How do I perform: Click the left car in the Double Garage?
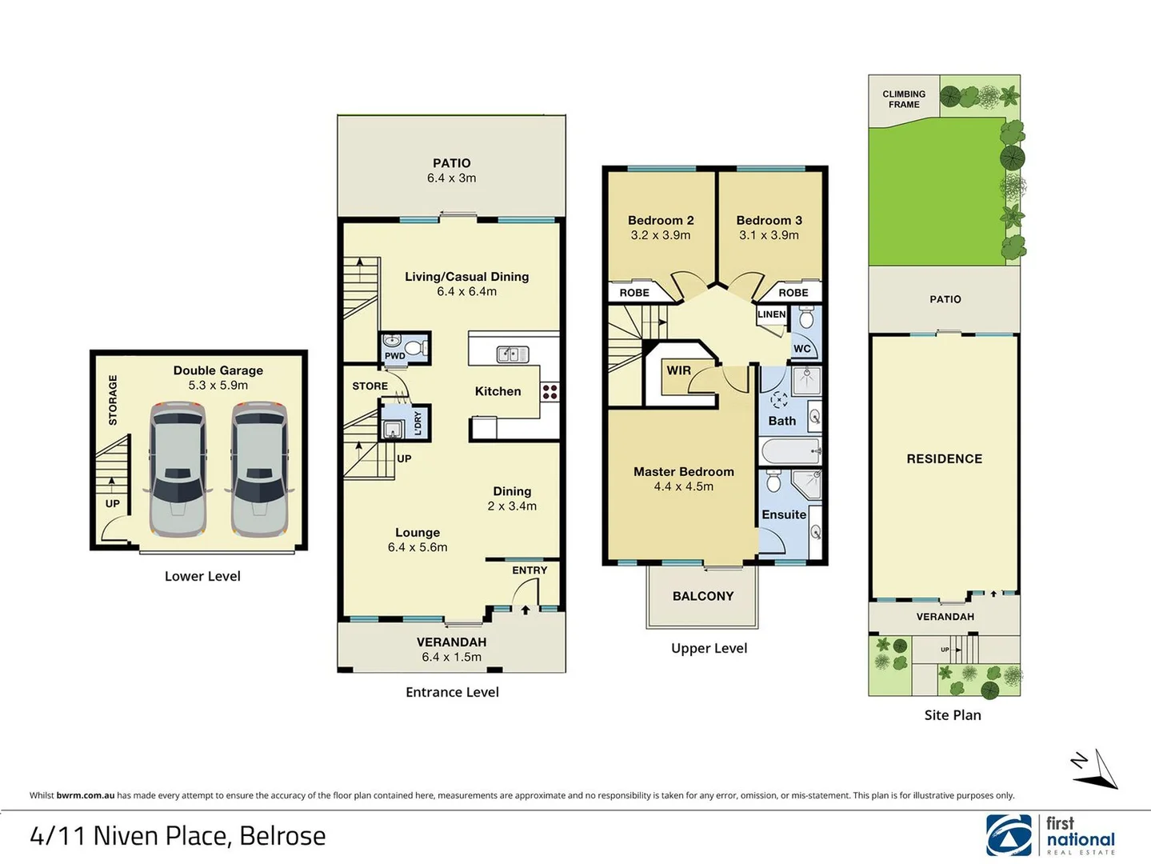click(x=178, y=470)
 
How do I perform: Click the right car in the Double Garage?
click(x=259, y=470)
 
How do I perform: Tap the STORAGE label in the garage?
click(x=113, y=400)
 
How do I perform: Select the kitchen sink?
click(x=512, y=354)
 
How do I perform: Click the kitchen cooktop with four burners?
click(x=550, y=392)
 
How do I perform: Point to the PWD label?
click(x=394, y=356)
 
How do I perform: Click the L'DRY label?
click(x=418, y=422)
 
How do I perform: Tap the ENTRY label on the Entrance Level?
click(x=530, y=570)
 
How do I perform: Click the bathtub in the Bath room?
click(x=790, y=452)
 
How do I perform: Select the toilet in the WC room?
click(x=805, y=318)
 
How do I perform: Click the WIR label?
click(x=678, y=370)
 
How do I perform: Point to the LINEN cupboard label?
click(x=771, y=314)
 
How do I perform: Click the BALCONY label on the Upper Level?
click(x=702, y=596)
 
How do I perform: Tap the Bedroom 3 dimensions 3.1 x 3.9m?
click(x=769, y=235)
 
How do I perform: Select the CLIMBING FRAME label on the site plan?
click(x=904, y=99)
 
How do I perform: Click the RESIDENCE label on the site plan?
click(x=944, y=458)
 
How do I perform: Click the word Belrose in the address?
click(x=282, y=836)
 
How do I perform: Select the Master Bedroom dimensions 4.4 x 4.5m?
click(x=683, y=486)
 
